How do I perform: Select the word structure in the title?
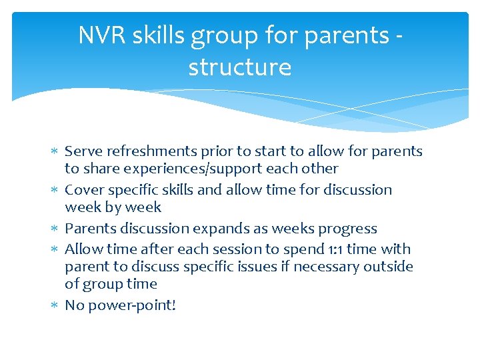tap(239, 67)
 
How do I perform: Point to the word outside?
tap(389, 267)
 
